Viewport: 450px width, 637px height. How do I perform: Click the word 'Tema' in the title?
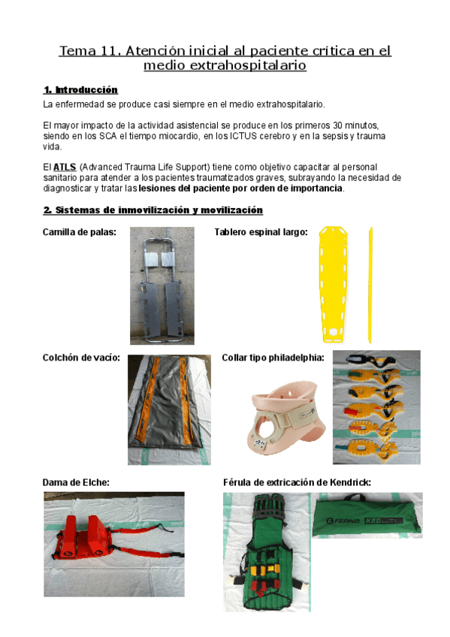tap(77, 52)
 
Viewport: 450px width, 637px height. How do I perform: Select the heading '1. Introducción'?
tap(80, 89)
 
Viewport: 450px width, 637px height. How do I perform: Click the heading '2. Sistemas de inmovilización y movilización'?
tap(153, 210)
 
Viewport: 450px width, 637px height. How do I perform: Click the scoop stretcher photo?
tap(162, 285)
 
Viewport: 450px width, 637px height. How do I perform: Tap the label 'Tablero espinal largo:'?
tap(261, 233)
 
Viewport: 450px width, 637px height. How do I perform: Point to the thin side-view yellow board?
tap(370, 284)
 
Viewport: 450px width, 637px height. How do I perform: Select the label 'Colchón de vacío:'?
tap(82, 358)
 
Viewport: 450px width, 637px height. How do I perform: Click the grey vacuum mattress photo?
tap(169, 409)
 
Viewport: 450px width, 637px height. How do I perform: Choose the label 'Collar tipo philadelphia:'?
tap(273, 358)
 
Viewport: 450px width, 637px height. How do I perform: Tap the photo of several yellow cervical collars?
tap(376, 406)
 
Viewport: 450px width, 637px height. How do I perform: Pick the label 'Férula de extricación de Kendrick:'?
tap(297, 482)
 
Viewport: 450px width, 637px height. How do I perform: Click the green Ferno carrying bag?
tap(367, 515)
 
